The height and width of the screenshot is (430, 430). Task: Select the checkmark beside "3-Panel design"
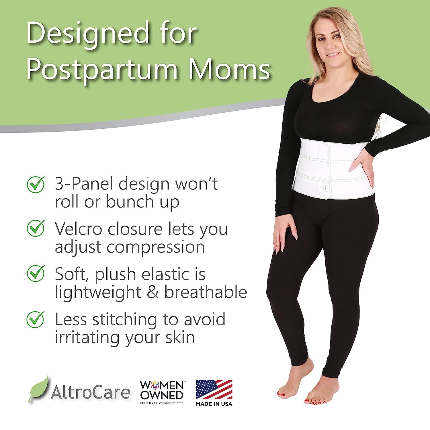pyautogui.click(x=36, y=184)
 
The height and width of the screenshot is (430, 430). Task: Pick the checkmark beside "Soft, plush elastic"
pyautogui.click(x=36, y=273)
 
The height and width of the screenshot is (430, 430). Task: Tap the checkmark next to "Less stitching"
pyautogui.click(x=36, y=319)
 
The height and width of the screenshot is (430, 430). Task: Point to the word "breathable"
pyautogui.click(x=206, y=292)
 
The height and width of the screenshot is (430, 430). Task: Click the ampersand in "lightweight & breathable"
pyautogui.click(x=153, y=292)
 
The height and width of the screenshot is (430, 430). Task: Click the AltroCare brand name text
pyautogui.click(x=90, y=392)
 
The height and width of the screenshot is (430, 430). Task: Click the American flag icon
pyautogui.click(x=214, y=389)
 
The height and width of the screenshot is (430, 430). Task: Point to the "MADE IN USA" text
pyautogui.click(x=214, y=404)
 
